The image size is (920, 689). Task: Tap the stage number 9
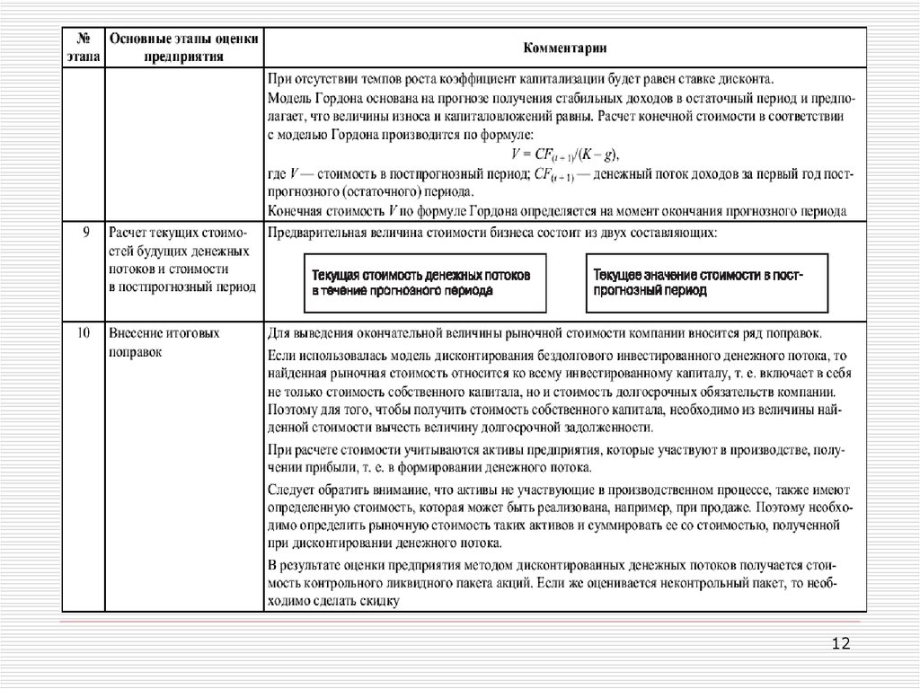click(x=84, y=234)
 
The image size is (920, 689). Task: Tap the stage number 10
click(x=84, y=332)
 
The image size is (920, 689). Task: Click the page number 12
click(x=841, y=643)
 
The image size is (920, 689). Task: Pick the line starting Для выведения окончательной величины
click(x=552, y=332)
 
